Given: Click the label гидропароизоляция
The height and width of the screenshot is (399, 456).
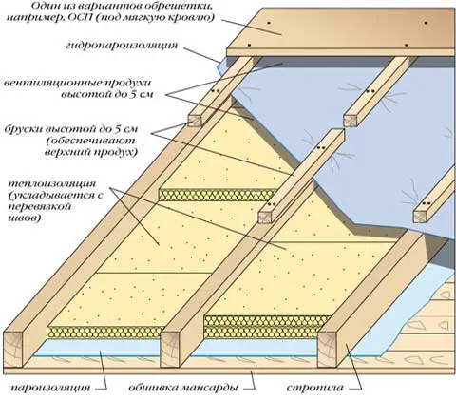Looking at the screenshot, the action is tap(122, 46).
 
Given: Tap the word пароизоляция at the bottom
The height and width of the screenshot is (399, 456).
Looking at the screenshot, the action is tap(51, 388).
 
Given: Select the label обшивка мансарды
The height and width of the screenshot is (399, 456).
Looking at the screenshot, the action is tap(183, 388).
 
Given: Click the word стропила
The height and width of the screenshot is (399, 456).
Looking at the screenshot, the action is tap(315, 388).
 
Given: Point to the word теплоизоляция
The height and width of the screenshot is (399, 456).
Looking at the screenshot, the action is tap(52, 184).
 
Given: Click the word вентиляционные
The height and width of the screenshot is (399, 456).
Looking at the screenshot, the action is tap(51, 84).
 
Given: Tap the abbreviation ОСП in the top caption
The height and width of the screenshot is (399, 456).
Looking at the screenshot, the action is tap(79, 17).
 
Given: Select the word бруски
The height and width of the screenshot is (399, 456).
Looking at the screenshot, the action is tap(25, 129).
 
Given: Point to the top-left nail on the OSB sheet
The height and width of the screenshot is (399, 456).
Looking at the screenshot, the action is tap(268, 23).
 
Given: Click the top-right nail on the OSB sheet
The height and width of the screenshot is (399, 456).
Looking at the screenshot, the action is tap(426, 23).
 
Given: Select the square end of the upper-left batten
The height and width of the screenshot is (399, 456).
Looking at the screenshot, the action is tap(194, 120).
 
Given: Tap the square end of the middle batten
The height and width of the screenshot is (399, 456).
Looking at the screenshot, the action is tap(265, 218).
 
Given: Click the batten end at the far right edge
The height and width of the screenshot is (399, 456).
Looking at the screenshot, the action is tap(420, 216).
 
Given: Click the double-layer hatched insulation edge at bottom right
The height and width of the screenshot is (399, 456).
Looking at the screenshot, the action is tap(268, 327).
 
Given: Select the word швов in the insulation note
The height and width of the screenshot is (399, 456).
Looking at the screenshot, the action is tap(25, 218).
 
